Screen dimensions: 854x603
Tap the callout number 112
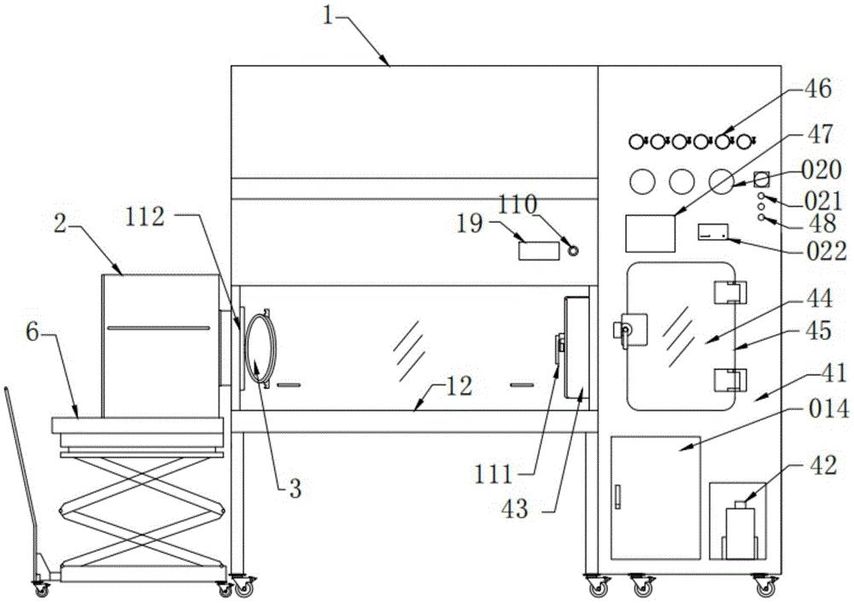144,217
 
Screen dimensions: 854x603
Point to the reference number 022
828,251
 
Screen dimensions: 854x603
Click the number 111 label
494,475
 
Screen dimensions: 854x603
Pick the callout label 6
32,331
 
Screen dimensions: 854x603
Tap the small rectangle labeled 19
538,250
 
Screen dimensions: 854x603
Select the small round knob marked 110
572,250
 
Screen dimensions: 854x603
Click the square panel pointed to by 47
650,233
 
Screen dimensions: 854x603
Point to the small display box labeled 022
713,232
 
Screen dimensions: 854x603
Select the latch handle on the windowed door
630,330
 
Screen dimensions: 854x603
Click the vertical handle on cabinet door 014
618,496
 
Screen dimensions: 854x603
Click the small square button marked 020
762,179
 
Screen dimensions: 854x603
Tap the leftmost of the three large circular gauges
642,181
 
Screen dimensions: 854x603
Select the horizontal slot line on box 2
159,327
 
